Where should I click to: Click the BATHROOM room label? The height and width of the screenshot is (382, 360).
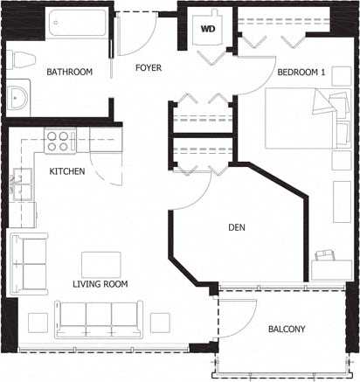(x=69, y=72)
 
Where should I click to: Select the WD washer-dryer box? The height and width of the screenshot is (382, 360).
(x=209, y=28)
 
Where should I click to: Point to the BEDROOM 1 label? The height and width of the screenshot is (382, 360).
(x=301, y=73)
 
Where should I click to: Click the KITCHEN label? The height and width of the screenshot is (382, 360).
(x=66, y=171)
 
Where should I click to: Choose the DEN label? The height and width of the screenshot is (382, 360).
(x=236, y=227)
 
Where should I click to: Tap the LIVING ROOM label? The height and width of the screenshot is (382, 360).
(x=100, y=284)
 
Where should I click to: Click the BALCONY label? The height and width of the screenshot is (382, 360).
(x=286, y=329)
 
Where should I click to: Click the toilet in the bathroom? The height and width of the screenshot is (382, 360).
(x=23, y=62)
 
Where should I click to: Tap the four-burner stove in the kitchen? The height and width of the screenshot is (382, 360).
(x=58, y=141)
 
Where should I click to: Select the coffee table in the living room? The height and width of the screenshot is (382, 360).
(x=101, y=264)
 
